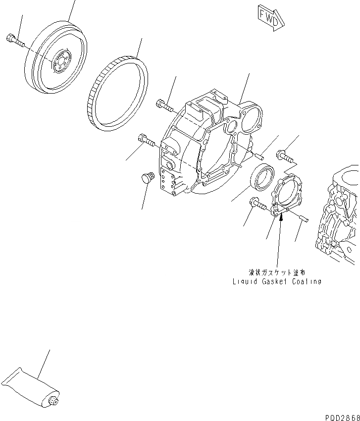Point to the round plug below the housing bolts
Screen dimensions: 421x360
tap(147, 178)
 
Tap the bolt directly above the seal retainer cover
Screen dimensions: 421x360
tap(285, 156)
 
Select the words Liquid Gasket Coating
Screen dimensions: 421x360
tap(277, 281)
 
